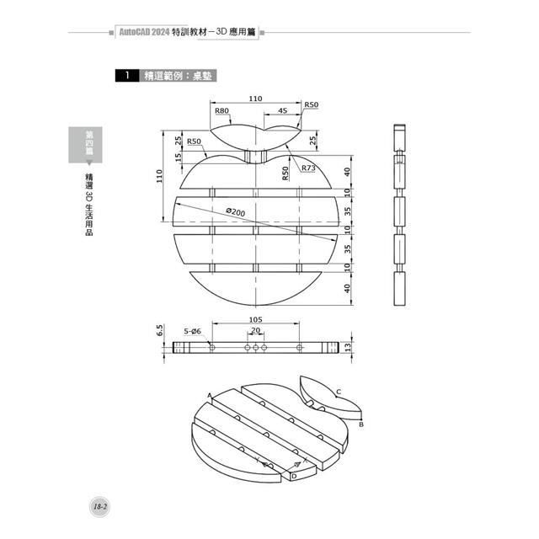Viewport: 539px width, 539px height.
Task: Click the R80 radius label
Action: [x=222, y=110]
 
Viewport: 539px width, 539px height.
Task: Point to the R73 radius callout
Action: [x=308, y=168]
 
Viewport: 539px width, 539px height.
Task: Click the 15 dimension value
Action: [x=179, y=157]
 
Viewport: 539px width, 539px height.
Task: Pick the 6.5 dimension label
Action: [x=160, y=330]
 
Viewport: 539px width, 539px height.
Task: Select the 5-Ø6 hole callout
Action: [x=192, y=333]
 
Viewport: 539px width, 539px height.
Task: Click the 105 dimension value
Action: [x=256, y=320]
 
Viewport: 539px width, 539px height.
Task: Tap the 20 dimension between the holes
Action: [x=255, y=331]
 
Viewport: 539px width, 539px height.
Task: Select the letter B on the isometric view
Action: [x=360, y=425]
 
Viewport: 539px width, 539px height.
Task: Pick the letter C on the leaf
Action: [x=338, y=391]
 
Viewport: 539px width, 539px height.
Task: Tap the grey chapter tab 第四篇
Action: [x=84, y=142]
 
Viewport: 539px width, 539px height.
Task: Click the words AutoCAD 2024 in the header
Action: [x=144, y=31]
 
